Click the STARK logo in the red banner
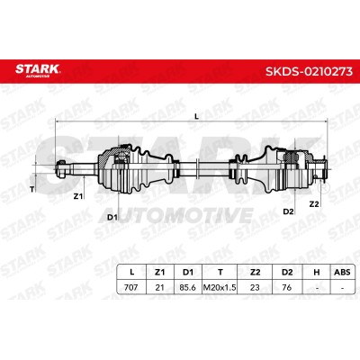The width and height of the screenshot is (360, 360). coord(38,70)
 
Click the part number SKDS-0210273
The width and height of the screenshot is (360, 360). coord(309,72)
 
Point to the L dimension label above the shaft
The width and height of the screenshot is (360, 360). coord(197,117)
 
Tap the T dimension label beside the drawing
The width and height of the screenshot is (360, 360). coord(32,189)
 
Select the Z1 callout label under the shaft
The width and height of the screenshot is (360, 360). coord(78,196)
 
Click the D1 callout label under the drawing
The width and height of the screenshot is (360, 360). coord(112,217)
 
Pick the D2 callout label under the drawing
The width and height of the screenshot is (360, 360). coord(288,211)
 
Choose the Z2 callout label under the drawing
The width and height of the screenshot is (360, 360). coord(314,204)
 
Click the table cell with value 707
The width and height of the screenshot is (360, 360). coord(131,287)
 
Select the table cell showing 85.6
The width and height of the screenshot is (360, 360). coord(188,287)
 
